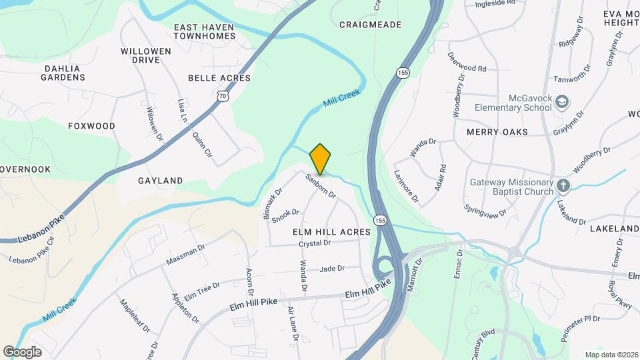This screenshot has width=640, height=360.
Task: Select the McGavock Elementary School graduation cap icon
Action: [x=563, y=101]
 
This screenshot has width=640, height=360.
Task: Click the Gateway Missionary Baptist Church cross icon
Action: [x=563, y=185]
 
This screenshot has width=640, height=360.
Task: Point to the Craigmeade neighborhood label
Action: [x=370, y=25]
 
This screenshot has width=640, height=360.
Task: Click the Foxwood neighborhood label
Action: [x=91, y=126]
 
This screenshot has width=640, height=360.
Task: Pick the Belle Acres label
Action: [x=219, y=78]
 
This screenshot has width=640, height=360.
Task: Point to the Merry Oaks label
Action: [x=497, y=132]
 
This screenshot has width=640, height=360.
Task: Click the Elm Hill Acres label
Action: [x=331, y=231]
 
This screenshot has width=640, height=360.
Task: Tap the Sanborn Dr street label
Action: [x=321, y=186]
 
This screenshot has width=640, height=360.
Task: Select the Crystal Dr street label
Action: [x=315, y=243]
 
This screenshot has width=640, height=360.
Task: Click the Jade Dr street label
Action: [x=331, y=269]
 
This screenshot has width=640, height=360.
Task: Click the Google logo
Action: [x=22, y=352]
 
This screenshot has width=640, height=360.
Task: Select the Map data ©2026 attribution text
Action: [x=611, y=355]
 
